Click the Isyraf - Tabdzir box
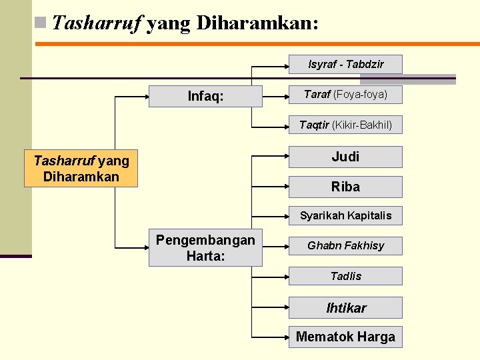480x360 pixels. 345,64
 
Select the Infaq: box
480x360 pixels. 205,96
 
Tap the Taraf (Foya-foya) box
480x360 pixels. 345,95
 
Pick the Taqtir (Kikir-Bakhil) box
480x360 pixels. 345,125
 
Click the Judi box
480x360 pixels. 345,157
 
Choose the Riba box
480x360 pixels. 345,187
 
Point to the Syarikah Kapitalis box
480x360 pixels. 345,215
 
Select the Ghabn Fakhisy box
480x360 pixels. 345,245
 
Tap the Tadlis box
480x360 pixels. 345,276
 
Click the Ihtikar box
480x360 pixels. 345,307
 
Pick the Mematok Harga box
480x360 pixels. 345,337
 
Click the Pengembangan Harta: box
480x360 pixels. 205,248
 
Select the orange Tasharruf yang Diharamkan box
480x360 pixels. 81,168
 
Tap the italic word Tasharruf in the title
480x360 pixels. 97,24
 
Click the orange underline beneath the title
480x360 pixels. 257,44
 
